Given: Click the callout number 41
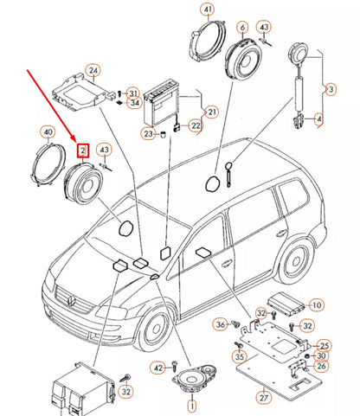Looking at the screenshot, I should click(207, 11).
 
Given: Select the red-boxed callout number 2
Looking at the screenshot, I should click(82, 150).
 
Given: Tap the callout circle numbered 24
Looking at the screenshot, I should click(93, 71).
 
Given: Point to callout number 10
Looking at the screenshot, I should click(316, 304).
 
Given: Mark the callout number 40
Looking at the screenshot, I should click(48, 132).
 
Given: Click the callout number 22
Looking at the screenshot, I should click(195, 126).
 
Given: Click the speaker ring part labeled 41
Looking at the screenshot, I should click(205, 48).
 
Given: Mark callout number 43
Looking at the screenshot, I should click(105, 150).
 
